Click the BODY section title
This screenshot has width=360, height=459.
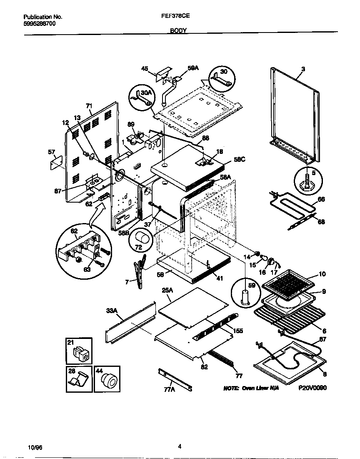tap(178, 31)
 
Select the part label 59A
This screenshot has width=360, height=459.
tap(193, 68)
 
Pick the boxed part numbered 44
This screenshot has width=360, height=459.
tap(109, 380)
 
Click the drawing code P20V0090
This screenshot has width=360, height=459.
tap(312, 388)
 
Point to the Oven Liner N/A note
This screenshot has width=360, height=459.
tap(250, 388)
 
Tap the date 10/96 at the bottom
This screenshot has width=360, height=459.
tap(35, 447)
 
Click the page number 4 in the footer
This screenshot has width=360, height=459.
tap(180, 446)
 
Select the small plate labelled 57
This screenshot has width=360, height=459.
tap(56, 163)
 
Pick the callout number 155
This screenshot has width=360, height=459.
tap(238, 331)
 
